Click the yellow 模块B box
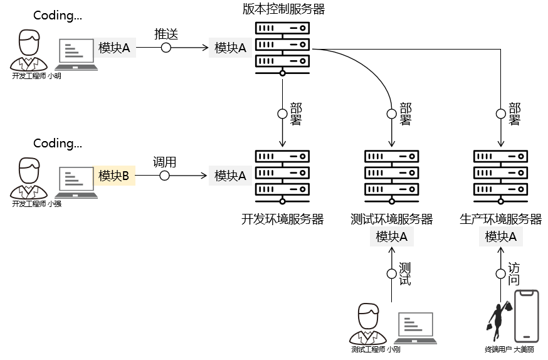tap(115, 176)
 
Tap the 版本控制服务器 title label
tap(283, 9)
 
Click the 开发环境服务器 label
tap(283, 219)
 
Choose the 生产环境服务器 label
tap(500, 219)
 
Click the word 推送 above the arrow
tap(166, 34)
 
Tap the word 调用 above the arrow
tap(164, 162)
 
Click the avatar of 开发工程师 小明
tap(28, 50)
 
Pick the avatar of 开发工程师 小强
tap(28, 178)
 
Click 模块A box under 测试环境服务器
tap(392, 237)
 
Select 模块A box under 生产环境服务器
tap(500, 237)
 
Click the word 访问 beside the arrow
tap(514, 273)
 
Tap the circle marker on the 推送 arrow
tap(166, 48)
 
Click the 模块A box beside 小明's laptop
tap(114, 48)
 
